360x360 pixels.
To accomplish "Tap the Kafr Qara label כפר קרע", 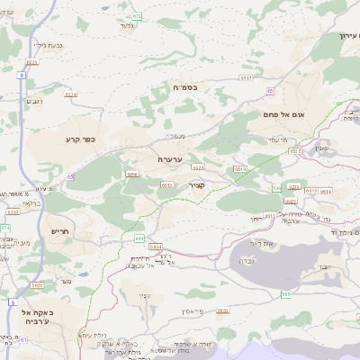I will [x=80, y=139].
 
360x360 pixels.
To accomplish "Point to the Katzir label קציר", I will [x=197, y=184].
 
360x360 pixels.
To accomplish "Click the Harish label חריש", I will [x=60, y=231].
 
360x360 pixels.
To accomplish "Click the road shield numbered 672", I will [x=137, y=16].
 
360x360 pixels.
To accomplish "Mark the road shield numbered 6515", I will [x=166, y=184].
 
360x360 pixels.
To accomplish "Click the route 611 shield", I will [x=139, y=238].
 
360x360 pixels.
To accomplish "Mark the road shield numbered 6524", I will [x=71, y=94].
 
